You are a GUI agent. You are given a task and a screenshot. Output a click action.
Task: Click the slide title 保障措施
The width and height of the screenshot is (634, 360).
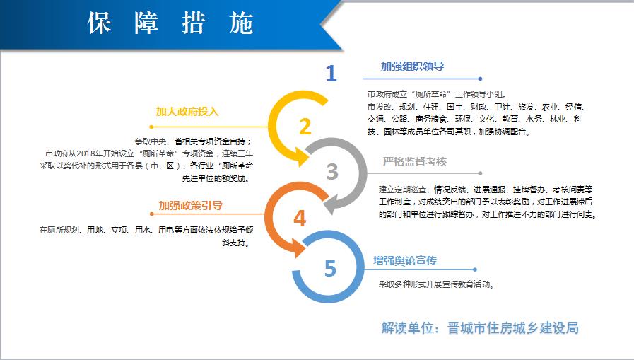click(170, 23)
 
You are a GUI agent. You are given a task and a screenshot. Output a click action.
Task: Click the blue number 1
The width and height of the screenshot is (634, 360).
click(331, 74)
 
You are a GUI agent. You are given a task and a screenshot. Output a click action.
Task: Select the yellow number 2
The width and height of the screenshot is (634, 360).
click(305, 127)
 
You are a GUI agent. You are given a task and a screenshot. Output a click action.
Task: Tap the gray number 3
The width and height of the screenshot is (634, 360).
click(332, 171)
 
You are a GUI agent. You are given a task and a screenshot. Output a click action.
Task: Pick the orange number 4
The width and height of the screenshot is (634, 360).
click(300, 219)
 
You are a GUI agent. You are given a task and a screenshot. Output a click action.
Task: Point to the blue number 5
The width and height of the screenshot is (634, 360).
click(330, 268)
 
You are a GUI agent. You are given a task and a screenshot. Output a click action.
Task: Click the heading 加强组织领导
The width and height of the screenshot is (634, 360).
click(413, 66)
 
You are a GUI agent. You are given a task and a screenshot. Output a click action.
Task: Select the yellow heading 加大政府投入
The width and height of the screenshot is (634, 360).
click(187, 111)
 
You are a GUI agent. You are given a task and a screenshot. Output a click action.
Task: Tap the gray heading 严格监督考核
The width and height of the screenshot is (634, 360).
click(415, 162)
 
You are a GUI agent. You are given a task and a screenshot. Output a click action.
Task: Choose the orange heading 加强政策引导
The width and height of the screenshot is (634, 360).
click(190, 206)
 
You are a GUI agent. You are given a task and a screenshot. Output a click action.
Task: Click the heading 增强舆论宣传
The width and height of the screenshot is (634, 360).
click(405, 260)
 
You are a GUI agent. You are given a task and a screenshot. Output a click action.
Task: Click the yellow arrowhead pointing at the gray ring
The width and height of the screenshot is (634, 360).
click(301, 156)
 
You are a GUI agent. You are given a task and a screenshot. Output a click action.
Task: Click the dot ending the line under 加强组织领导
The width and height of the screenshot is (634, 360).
click(480, 79)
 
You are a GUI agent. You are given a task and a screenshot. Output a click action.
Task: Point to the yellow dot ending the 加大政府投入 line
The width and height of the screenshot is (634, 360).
click(151, 127)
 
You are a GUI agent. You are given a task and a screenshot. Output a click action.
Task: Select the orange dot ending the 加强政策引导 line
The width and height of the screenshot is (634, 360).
click(152, 214)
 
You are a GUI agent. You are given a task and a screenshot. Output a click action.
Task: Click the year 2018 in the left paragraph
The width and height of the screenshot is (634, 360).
click(86, 153)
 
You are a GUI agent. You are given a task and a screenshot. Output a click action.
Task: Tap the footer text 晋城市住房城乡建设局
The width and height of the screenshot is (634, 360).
click(512, 327)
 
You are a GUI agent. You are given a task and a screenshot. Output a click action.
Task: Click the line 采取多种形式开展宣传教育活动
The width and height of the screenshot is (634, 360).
click(436, 284)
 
